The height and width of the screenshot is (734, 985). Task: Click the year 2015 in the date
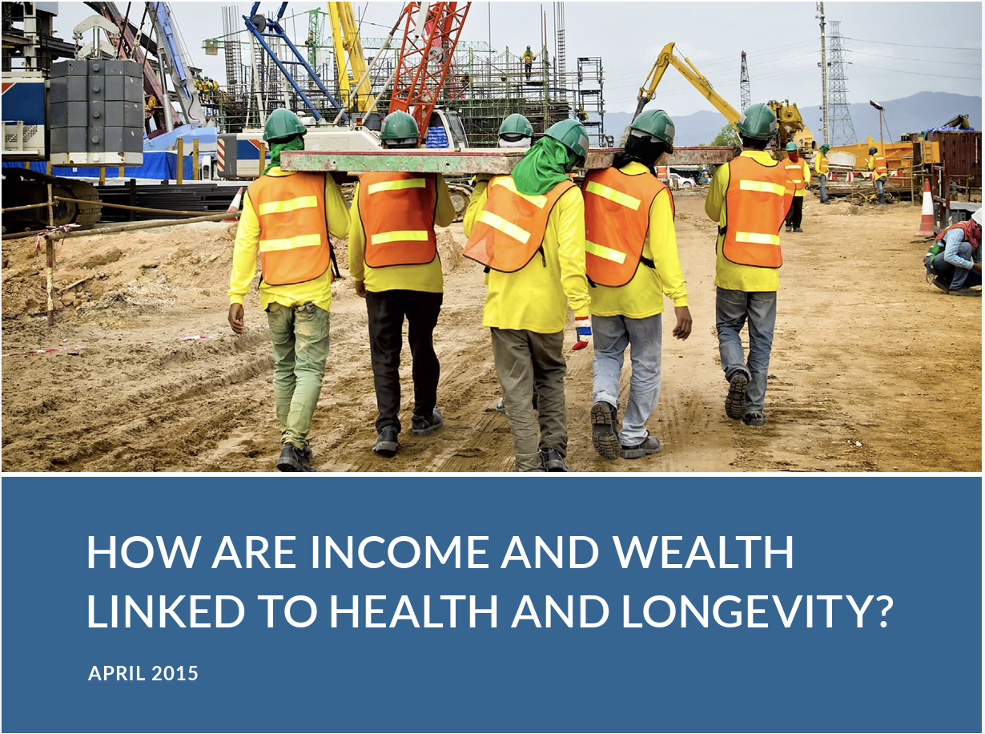point(175,674)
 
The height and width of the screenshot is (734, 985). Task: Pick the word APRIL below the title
point(116,674)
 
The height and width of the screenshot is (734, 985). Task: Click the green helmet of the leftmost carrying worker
point(284,124)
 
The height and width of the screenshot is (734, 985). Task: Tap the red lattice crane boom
point(428,63)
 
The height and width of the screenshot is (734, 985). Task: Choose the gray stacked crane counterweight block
point(96,111)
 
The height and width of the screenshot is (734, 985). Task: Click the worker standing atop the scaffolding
point(528,62)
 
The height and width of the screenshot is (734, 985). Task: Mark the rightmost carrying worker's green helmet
point(757,121)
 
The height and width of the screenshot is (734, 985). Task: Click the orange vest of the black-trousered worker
point(397,219)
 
